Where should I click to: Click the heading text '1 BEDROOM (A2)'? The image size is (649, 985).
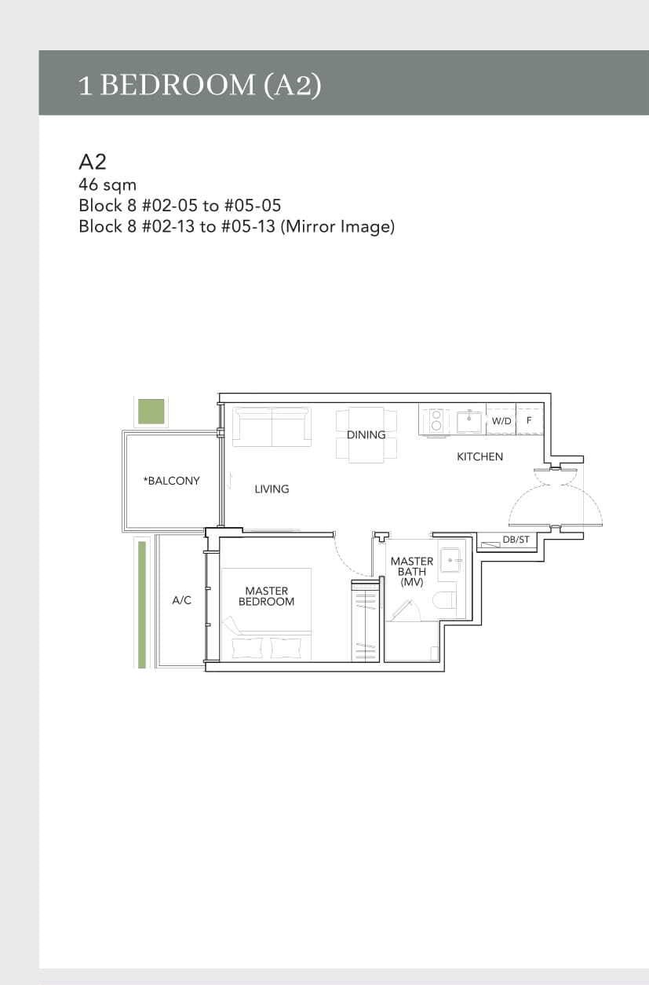pos(199,85)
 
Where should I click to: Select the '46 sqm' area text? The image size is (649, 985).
pos(108,185)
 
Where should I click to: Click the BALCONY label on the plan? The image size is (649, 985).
pos(171,481)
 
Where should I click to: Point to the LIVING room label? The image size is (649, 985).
pos(272,489)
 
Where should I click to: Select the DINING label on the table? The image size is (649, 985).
pos(366,434)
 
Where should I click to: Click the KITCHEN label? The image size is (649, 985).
pos(479,456)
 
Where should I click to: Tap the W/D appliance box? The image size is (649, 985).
pos(501,421)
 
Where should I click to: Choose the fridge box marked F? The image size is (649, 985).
pos(529,421)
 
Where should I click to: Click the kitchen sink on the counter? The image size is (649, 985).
pos(469,421)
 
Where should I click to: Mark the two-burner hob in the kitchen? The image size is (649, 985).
pos(435,419)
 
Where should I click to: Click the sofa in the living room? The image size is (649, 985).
pos(272,427)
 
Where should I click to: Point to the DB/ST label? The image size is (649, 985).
pos(516,540)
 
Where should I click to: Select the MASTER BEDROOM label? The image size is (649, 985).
pos(266,596)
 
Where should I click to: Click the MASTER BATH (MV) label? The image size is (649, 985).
pos(411,572)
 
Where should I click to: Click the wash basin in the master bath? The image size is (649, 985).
pos(450,561)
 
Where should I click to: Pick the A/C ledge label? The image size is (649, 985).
pos(181,600)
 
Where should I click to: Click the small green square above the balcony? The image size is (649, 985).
pos(151,411)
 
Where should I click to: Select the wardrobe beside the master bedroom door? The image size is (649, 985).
pos(365,620)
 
